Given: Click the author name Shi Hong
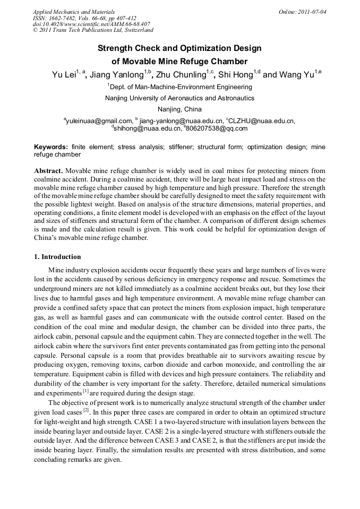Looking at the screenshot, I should (x=235, y=75).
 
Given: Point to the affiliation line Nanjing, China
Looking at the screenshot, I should (x=180, y=109).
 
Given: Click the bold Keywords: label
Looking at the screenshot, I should (x=51, y=146).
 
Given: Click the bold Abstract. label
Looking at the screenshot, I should (x=49, y=171).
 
